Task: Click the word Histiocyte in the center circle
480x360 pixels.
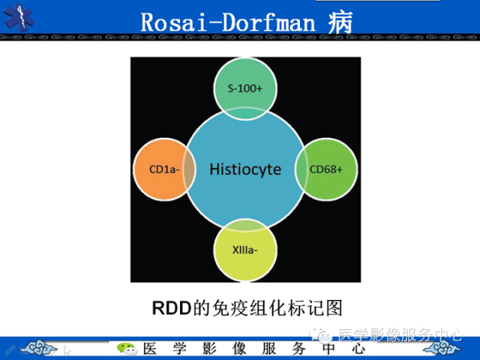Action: [x=245, y=169]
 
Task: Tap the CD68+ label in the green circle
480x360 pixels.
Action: [x=326, y=169]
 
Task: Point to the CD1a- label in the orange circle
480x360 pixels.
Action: [x=163, y=169]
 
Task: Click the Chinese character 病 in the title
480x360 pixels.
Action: [x=340, y=21]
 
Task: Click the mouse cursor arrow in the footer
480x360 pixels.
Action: [x=67, y=349]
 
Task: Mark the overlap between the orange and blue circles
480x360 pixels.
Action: [x=190, y=169]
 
